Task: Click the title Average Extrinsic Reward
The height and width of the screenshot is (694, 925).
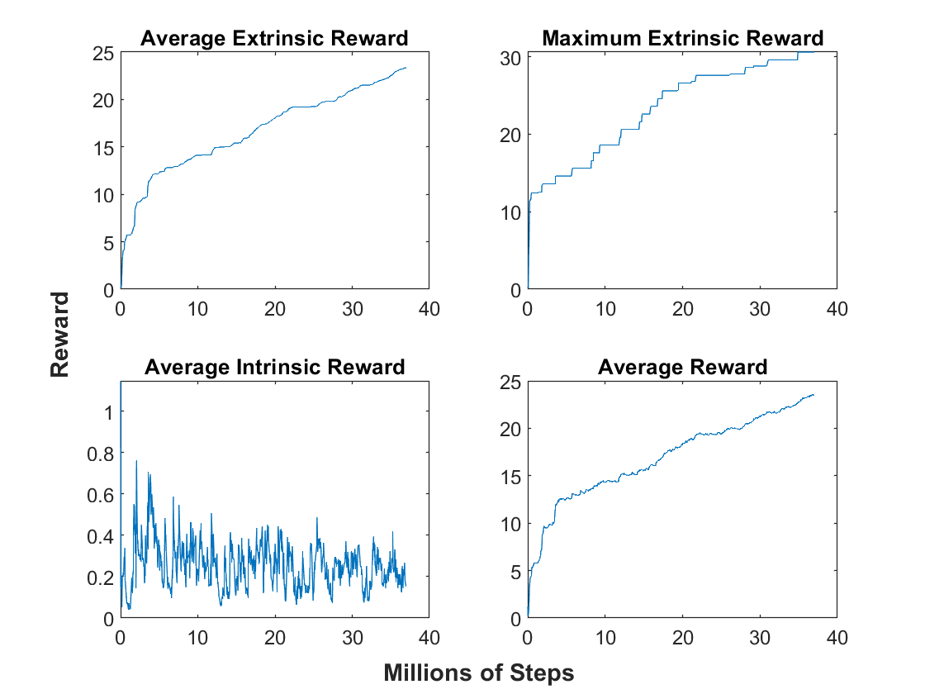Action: (x=274, y=38)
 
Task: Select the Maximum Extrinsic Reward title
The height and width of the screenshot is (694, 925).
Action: (x=682, y=38)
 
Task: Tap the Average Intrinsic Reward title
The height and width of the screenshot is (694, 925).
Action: (x=275, y=367)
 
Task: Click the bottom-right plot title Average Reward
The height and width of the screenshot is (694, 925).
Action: (x=682, y=367)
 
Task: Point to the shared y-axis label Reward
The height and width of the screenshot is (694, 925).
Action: (x=59, y=335)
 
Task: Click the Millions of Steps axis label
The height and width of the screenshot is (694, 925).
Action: (x=478, y=673)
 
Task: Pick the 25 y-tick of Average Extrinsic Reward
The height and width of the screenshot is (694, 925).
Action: (x=103, y=54)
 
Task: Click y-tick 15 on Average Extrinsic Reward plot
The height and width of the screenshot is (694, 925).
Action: (x=103, y=148)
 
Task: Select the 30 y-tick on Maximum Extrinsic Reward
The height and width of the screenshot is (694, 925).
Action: (x=510, y=59)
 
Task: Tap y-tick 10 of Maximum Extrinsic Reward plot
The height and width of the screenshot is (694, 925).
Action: (x=510, y=213)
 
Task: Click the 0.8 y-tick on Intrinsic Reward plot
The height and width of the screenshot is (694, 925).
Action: (x=100, y=454)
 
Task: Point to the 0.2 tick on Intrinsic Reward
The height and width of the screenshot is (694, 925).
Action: (x=100, y=578)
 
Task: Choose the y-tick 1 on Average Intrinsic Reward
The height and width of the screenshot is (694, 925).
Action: (x=108, y=412)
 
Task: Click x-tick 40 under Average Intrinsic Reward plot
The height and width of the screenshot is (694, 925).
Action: (x=429, y=638)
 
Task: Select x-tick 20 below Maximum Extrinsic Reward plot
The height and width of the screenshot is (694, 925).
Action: (x=682, y=309)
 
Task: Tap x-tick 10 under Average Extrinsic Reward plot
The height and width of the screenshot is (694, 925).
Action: (x=197, y=309)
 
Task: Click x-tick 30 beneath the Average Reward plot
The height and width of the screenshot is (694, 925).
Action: (x=760, y=638)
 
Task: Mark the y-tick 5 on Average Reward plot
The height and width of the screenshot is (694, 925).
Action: (x=515, y=572)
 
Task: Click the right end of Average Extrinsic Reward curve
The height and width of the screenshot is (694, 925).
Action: (x=406, y=68)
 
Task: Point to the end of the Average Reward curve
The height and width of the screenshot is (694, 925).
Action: (x=814, y=395)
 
